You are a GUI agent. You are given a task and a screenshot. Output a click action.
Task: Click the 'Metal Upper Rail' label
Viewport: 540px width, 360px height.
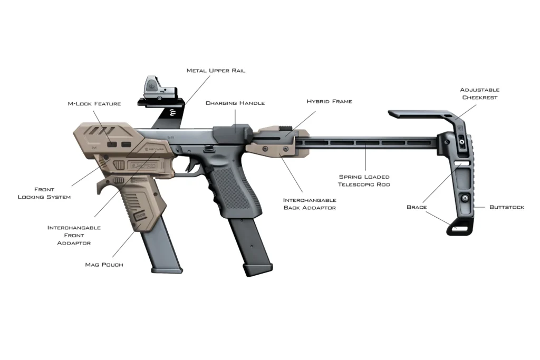(216, 71)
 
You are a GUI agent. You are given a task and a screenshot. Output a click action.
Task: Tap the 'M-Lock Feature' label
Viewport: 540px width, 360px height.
(94, 104)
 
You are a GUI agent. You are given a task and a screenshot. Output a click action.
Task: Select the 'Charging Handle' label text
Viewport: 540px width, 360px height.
(235, 103)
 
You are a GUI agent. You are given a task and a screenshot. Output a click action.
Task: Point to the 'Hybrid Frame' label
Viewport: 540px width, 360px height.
(329, 101)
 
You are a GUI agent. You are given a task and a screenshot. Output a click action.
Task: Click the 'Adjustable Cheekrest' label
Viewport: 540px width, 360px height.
(479, 94)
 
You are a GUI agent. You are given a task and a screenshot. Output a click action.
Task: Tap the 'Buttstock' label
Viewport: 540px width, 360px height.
(506, 207)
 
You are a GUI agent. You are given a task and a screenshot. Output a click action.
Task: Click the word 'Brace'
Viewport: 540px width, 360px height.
(417, 207)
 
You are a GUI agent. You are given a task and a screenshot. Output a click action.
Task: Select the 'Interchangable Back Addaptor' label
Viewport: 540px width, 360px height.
(310, 204)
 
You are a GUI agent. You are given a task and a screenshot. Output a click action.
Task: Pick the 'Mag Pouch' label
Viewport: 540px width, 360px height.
(104, 264)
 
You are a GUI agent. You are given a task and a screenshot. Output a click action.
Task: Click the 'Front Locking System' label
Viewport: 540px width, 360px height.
(44, 193)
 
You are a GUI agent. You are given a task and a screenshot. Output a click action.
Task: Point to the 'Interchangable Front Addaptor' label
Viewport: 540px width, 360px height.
(74, 235)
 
